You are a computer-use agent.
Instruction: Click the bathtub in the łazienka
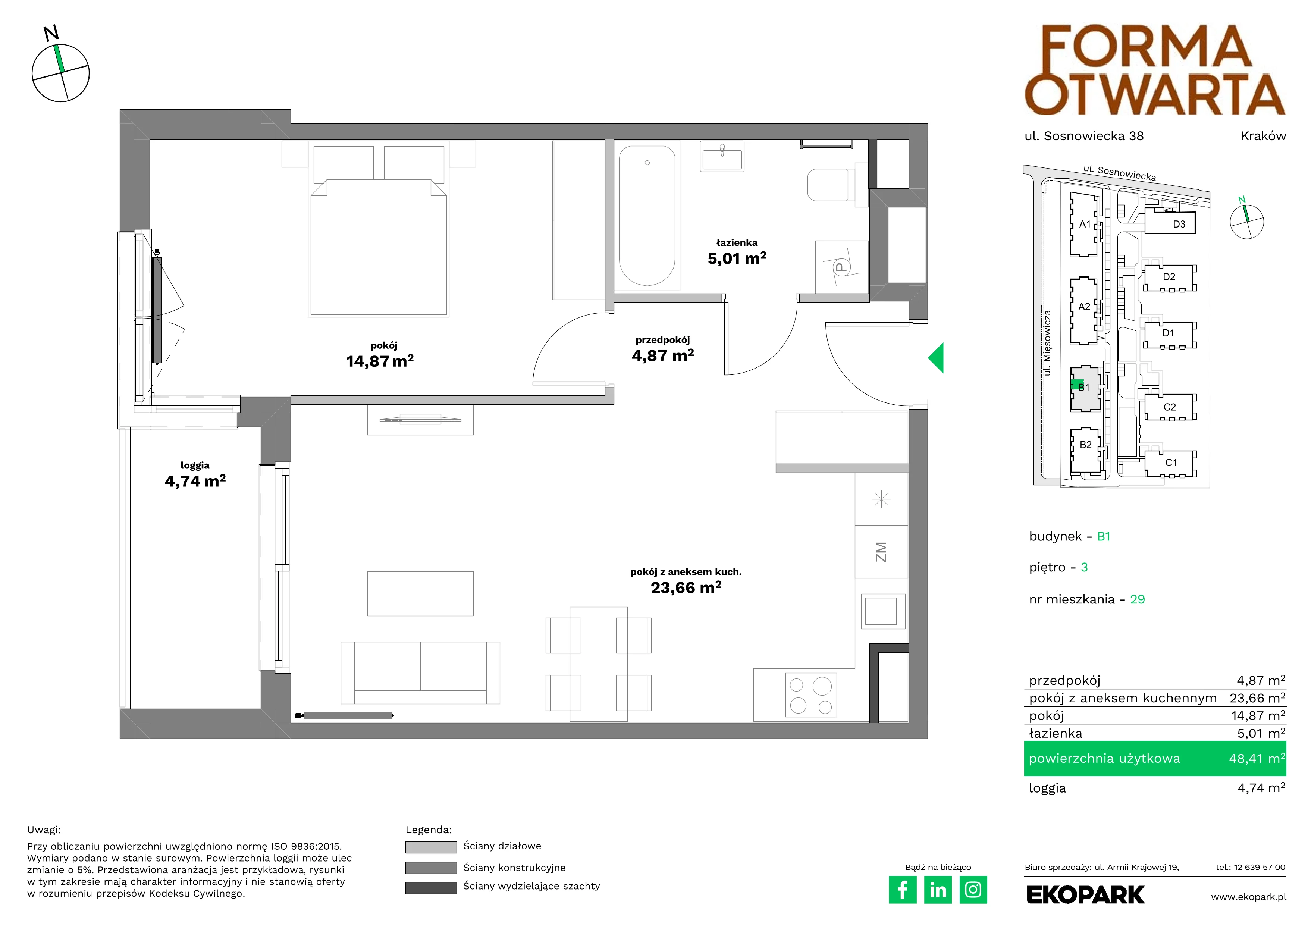(647, 215)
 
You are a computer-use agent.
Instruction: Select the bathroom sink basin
(722, 157)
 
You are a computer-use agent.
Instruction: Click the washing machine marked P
(841, 267)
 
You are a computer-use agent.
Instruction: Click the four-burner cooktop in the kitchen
(811, 694)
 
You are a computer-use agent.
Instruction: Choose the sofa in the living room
(420, 672)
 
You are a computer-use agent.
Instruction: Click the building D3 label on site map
(1179, 225)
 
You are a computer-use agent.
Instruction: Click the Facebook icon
(902, 890)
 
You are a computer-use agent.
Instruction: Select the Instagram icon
(973, 890)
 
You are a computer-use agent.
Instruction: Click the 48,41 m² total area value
(1257, 759)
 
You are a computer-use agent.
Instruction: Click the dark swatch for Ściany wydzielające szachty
(431, 888)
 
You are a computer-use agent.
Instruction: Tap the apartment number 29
(1137, 599)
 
